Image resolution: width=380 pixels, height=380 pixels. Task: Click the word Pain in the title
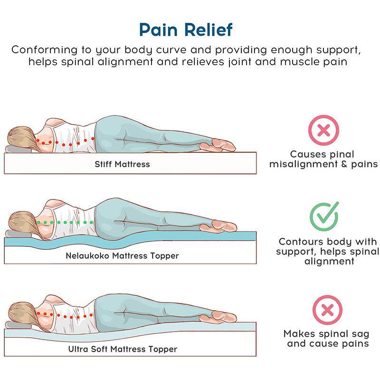pyautogui.click(x=160, y=29)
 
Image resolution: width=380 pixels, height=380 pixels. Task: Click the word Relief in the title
pyautogui.click(x=208, y=29)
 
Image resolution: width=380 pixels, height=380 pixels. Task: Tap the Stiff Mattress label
pyautogui.click(x=122, y=164)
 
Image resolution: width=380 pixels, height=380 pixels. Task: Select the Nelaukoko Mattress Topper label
pyautogui.click(x=122, y=256)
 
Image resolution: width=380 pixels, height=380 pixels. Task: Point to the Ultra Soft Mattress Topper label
pyautogui.click(x=122, y=349)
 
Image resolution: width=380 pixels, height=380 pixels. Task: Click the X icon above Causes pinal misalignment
pyautogui.click(x=323, y=129)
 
